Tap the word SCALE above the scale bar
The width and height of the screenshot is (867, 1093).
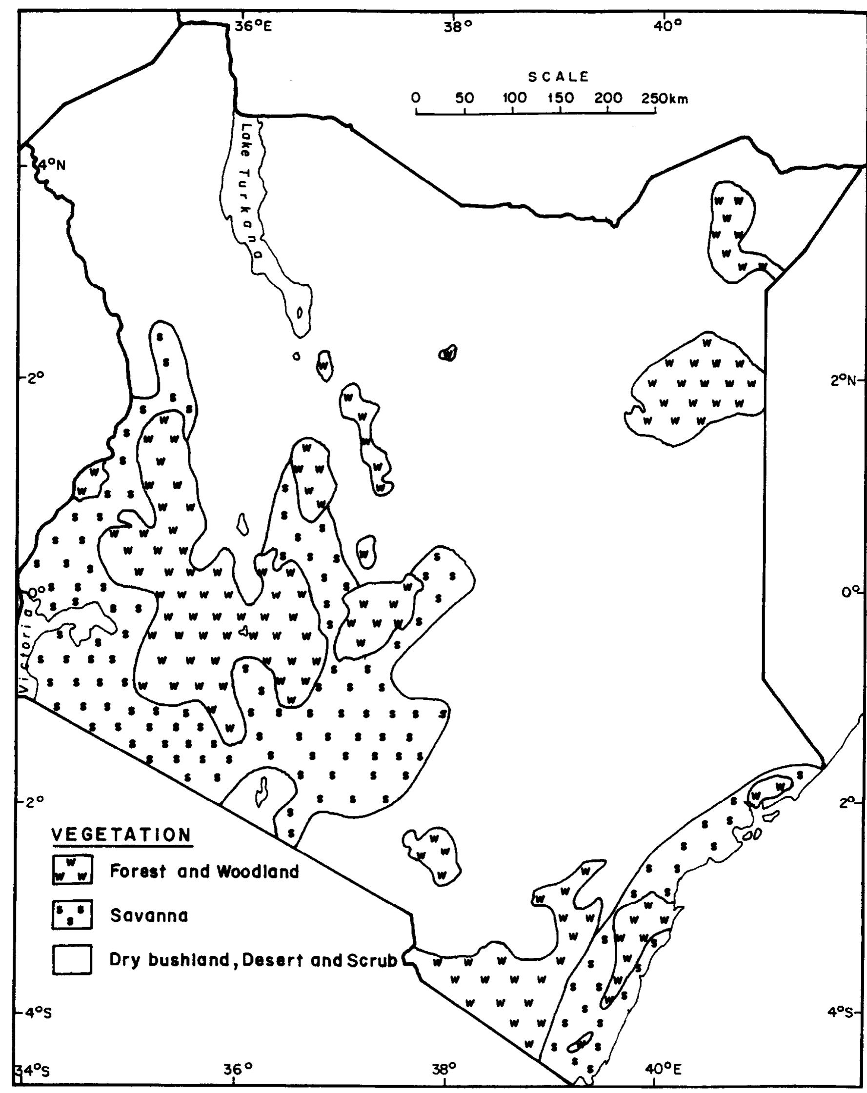(x=559, y=77)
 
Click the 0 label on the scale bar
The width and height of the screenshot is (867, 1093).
(x=416, y=99)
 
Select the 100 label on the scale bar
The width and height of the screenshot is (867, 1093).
(x=514, y=99)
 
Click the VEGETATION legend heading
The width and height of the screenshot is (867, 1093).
(x=121, y=835)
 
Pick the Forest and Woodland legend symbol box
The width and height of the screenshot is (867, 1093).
(x=72, y=870)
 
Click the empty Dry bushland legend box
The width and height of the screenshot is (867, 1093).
(x=72, y=960)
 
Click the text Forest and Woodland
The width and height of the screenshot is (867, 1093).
(x=204, y=872)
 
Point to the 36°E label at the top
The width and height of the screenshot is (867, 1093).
(x=254, y=26)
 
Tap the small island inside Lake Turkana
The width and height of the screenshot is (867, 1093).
(x=300, y=313)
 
